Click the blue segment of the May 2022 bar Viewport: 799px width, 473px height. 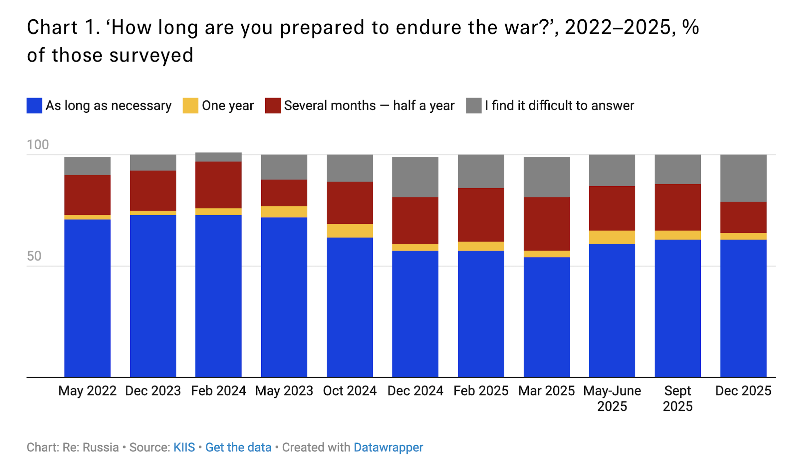tap(87, 298)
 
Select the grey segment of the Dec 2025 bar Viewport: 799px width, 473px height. tap(743, 178)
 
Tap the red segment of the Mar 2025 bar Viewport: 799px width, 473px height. tap(547, 224)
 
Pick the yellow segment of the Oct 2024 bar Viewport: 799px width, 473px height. tap(350, 231)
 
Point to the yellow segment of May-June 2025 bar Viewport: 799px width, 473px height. tap(612, 237)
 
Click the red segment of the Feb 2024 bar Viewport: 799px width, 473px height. tap(218, 185)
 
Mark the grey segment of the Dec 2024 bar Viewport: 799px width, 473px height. tap(415, 177)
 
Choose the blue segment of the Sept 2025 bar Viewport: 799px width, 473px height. tap(678, 308)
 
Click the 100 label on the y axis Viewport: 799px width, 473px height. tap(38, 145)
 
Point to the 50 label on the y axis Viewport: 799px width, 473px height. tap(34, 256)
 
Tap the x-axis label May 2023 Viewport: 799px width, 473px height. tap(284, 391)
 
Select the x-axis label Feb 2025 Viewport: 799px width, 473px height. tap(481, 391)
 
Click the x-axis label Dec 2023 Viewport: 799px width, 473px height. tap(153, 391)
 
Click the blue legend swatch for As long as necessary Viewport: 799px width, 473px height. tap(34, 105)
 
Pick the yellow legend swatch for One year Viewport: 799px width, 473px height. tap(190, 105)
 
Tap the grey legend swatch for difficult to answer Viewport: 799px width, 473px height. tap(474, 105)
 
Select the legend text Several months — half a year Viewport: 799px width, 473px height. tap(369, 106)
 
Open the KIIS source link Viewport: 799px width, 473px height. tap(184, 447)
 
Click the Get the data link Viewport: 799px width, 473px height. tap(238, 447)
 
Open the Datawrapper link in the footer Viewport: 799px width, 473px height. tap(388, 448)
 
